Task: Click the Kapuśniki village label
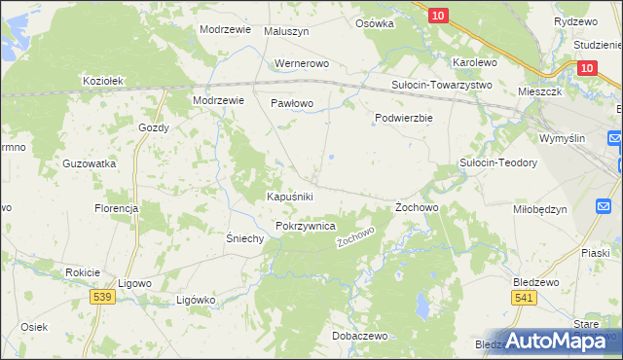(x=290, y=197)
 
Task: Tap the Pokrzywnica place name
(x=306, y=226)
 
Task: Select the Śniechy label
(x=245, y=238)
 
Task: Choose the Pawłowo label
(x=291, y=102)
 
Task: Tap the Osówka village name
(x=375, y=23)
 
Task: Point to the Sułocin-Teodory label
(x=498, y=162)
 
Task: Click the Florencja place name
(x=116, y=208)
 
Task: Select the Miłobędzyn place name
(x=539, y=209)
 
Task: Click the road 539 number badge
(x=99, y=296)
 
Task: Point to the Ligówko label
(x=195, y=300)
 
